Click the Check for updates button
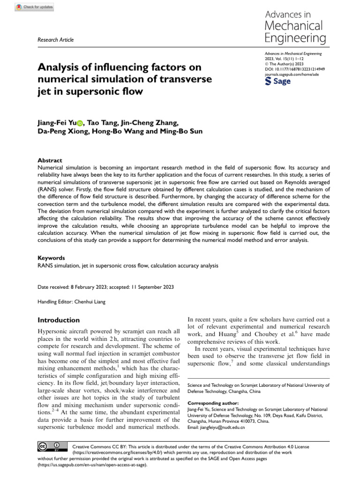[35, 7]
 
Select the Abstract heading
[49, 160]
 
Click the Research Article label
[55, 40]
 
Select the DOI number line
[295, 69]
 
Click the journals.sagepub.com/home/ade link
[293, 74]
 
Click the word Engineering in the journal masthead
[293, 38]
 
